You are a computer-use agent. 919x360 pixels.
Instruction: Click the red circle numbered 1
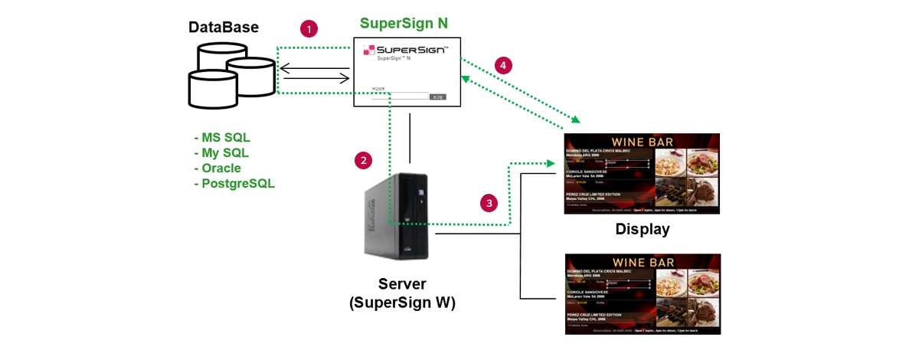point(309,29)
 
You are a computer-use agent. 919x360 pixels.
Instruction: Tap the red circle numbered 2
point(364,160)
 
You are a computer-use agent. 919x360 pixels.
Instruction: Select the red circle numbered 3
point(489,203)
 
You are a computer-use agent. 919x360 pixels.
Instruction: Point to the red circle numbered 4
point(502,66)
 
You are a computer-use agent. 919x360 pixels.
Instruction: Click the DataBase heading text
point(224,28)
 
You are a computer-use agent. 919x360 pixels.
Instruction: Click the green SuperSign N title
point(404,23)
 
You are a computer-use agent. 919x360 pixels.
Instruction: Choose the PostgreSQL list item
point(234,184)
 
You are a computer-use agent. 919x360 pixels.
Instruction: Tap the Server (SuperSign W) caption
point(402,293)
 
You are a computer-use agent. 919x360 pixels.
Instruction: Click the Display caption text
point(642,229)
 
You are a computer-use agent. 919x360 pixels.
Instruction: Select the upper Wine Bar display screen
point(642,174)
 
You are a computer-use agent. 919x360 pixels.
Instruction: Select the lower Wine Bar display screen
point(642,293)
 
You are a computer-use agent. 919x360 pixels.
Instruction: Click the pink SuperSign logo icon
point(369,51)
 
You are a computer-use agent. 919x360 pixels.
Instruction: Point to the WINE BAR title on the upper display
point(642,142)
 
